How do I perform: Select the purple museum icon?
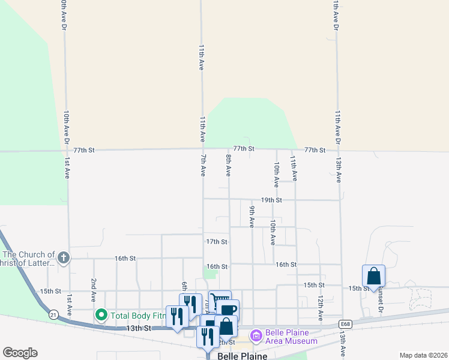click(x=256, y=335)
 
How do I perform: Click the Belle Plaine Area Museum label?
click(x=292, y=337)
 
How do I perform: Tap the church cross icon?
click(x=64, y=258)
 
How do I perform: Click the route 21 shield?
click(x=53, y=314)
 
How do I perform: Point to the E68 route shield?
click(x=344, y=323)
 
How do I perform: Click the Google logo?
click(x=20, y=353)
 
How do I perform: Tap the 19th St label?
click(x=271, y=200)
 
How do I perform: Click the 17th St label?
click(x=216, y=242)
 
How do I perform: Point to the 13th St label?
click(x=139, y=328)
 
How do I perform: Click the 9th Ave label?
click(x=252, y=217)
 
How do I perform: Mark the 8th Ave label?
click(x=228, y=164)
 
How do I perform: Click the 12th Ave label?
click(x=321, y=306)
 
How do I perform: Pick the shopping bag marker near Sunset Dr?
click(x=373, y=276)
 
